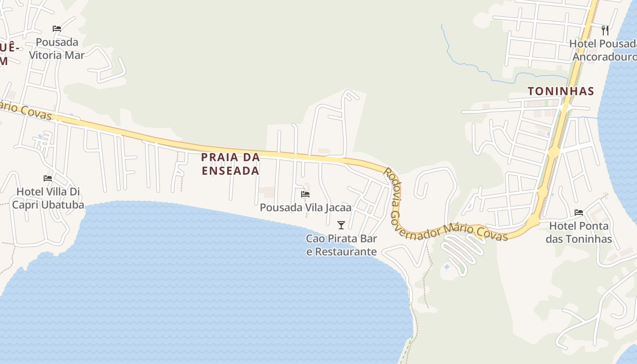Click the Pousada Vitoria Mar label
coord(57,49)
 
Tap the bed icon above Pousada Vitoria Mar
coord(57,28)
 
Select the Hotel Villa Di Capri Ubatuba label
coord(48,198)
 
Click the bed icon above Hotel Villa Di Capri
coord(48,178)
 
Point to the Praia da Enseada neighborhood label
coord(230,164)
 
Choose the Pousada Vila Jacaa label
coord(306,207)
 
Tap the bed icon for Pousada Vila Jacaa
coord(305,194)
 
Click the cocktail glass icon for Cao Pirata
coord(341,225)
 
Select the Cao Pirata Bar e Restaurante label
coord(341,245)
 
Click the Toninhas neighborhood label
coord(561,91)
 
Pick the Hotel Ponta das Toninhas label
coord(579,232)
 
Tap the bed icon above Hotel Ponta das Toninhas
coord(579,212)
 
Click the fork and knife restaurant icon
coord(605,30)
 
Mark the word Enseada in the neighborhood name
coord(230,171)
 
